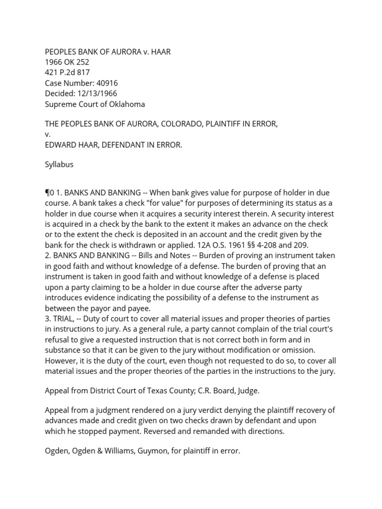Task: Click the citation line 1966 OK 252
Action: [x=67, y=62]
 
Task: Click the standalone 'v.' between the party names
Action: [x=48, y=134]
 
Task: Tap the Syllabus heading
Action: [x=59, y=165]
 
